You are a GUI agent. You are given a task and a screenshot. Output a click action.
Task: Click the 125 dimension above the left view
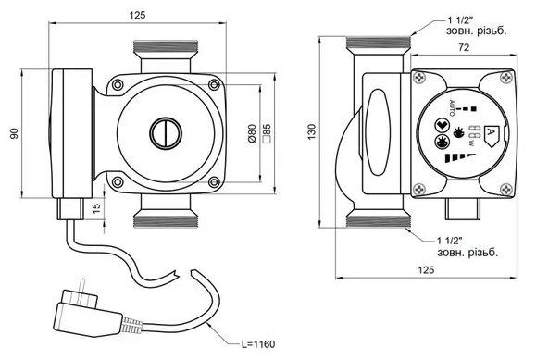tap(137, 15)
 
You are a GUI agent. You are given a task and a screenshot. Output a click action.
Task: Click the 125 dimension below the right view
tap(426, 270)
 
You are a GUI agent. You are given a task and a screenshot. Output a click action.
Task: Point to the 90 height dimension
tap(14, 133)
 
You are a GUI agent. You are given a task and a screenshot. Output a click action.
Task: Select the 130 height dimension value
tap(312, 131)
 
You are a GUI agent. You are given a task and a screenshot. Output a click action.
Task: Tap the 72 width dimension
tap(464, 47)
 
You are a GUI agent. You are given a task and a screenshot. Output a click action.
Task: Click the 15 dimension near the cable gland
tap(97, 208)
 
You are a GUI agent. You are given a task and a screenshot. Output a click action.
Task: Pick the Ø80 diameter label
tap(252, 133)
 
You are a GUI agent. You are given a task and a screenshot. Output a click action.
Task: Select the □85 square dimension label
tap(267, 133)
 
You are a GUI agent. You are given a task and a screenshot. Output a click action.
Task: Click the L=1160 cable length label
tap(258, 344)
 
